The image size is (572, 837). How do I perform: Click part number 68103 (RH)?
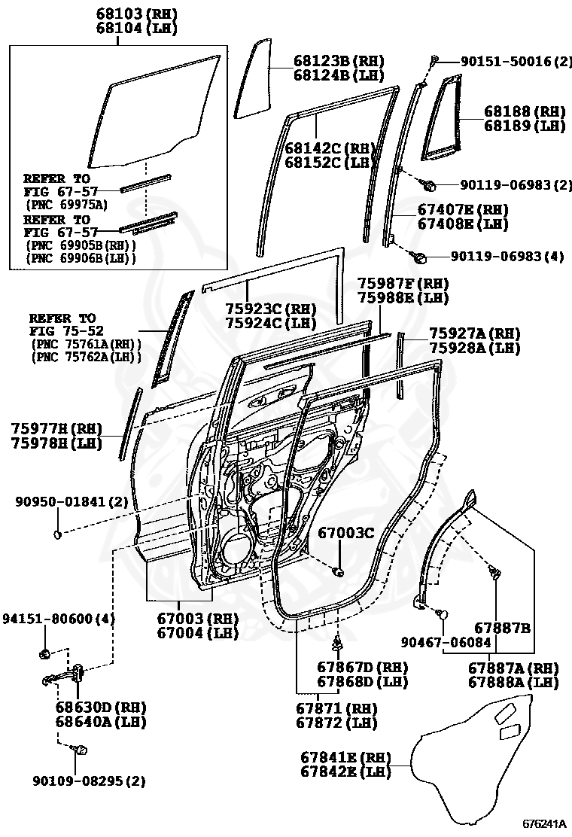(x=136, y=14)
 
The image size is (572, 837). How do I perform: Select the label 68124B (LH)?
(x=338, y=75)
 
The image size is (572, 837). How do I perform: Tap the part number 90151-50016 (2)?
(x=508, y=62)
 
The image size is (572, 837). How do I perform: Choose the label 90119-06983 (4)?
(x=507, y=257)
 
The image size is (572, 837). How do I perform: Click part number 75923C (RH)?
(x=270, y=309)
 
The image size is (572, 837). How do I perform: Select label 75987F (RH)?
(x=403, y=284)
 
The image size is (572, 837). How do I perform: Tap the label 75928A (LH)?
(x=474, y=348)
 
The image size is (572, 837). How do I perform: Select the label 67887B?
(x=503, y=627)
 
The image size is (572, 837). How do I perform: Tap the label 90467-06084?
(x=446, y=642)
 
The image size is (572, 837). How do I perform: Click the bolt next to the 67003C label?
(x=338, y=571)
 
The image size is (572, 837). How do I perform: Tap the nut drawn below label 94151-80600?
(x=45, y=652)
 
